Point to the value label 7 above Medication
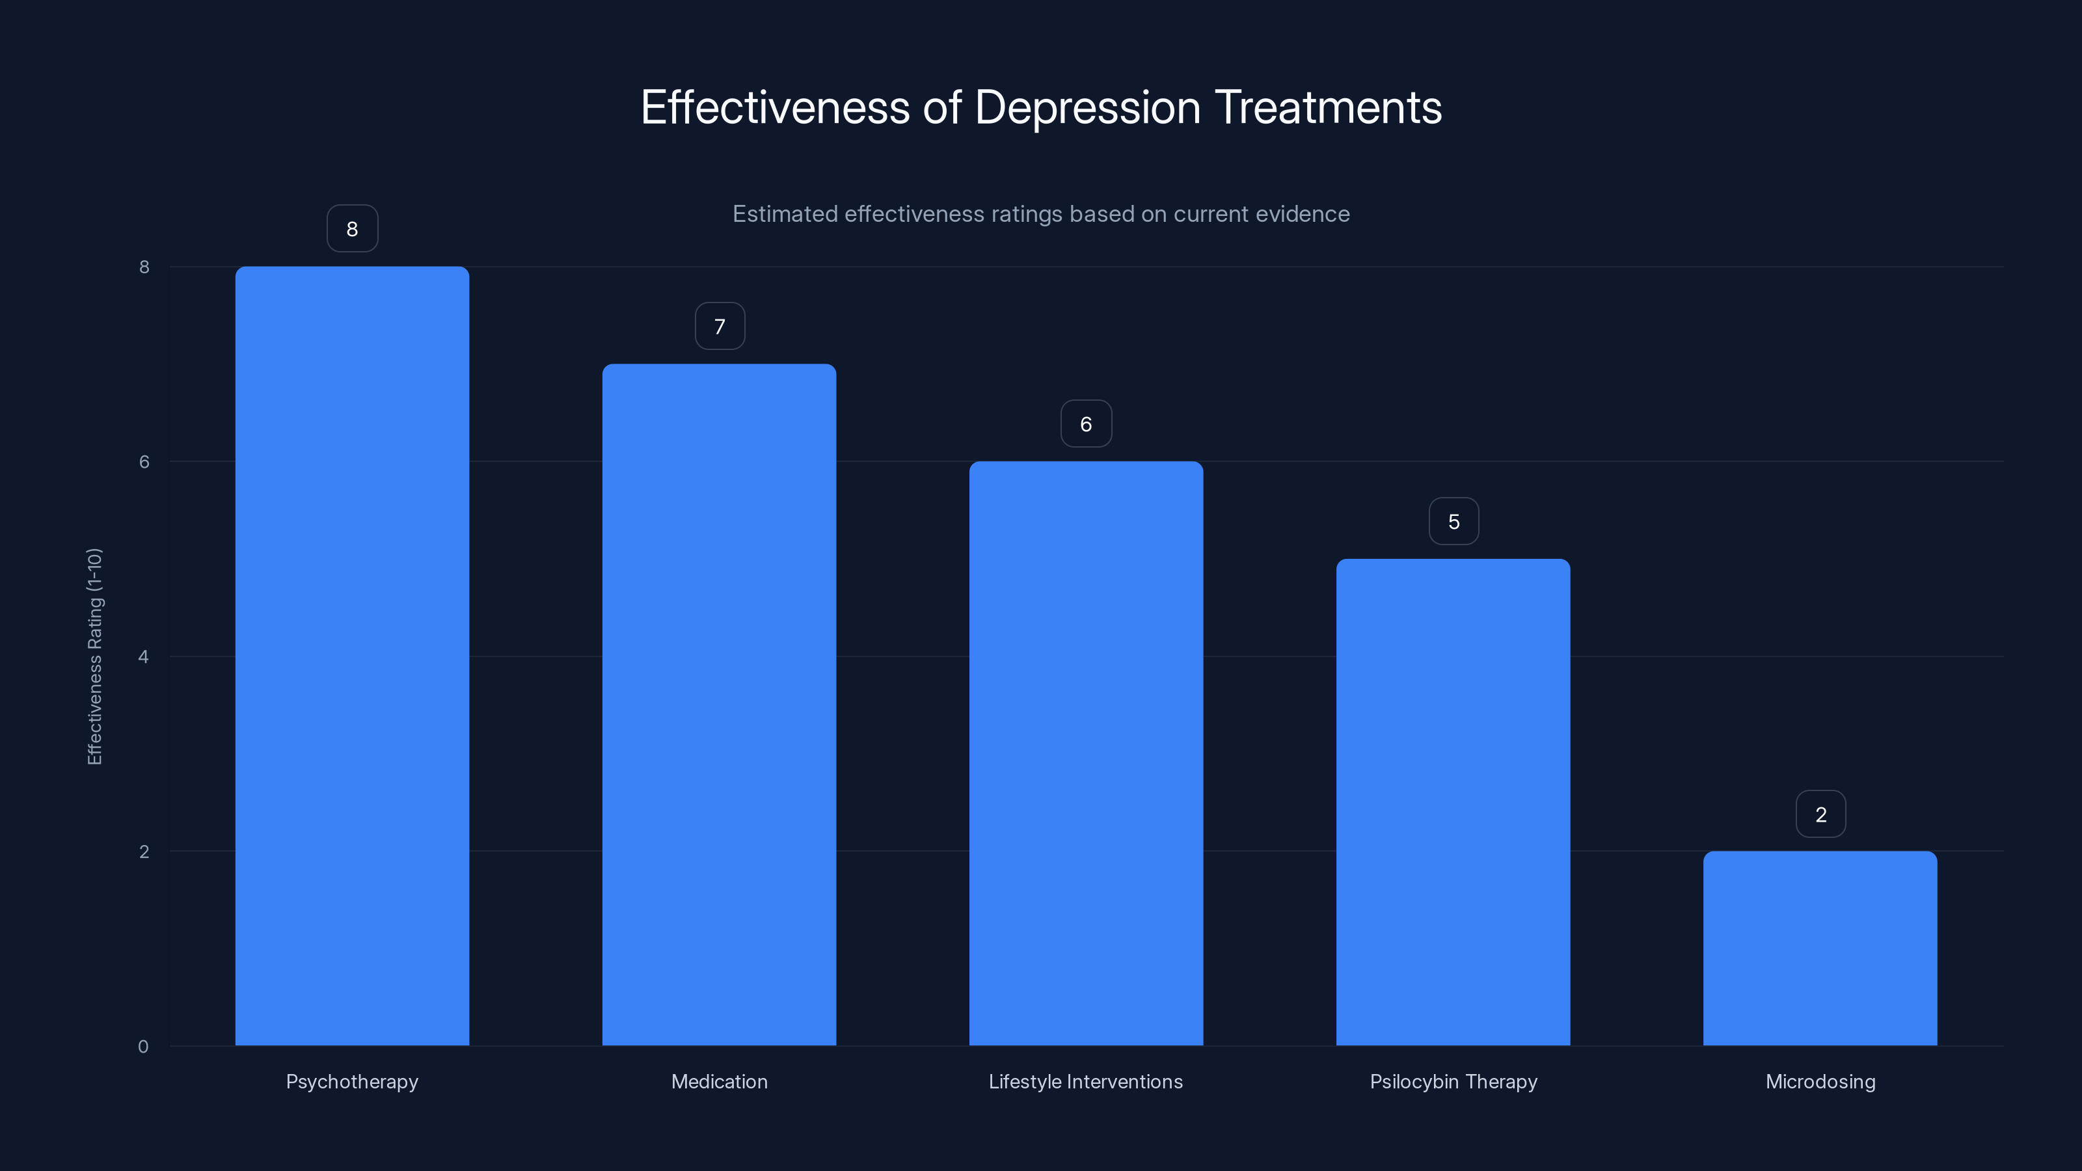pos(720,327)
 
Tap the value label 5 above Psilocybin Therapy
pos(1453,521)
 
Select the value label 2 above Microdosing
pos(1820,814)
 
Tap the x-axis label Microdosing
pos(1820,1081)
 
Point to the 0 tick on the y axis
pos(143,1047)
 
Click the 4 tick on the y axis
pos(143,656)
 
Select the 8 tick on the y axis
pos(144,267)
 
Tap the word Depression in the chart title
pos(1088,107)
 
